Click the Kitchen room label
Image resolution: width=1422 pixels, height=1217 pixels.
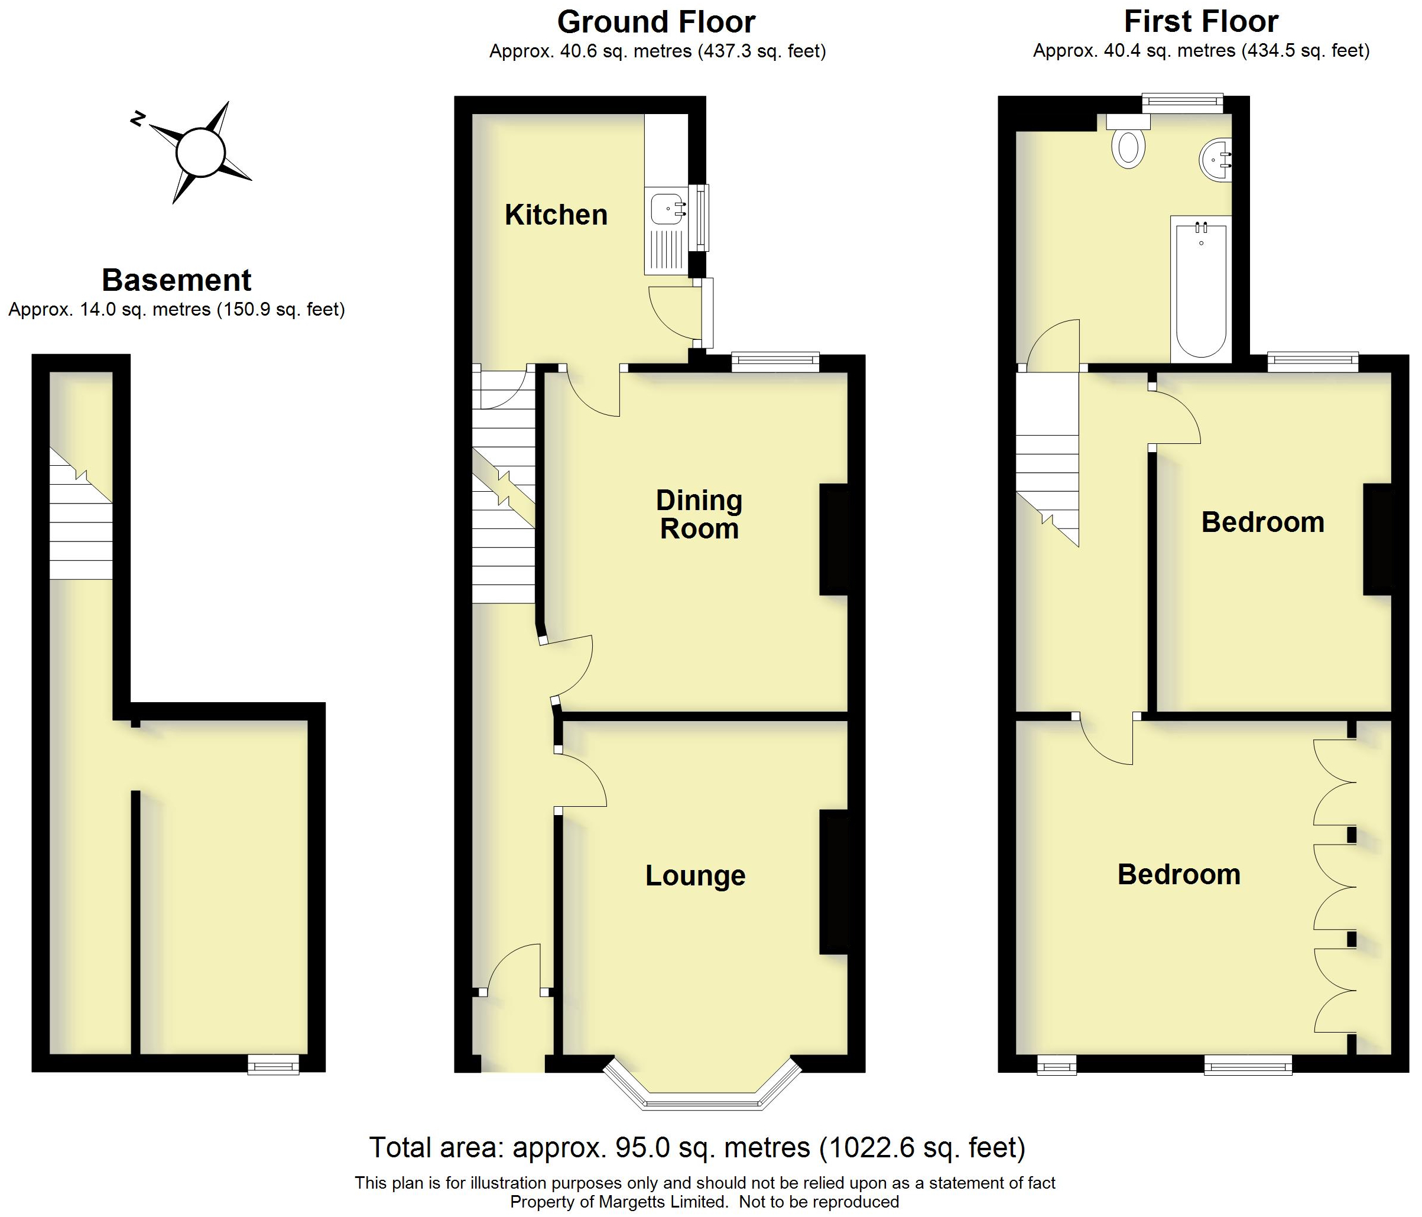pos(556,215)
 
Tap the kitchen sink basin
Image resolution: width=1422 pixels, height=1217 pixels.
pos(665,209)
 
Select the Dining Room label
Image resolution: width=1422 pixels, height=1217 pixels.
pos(699,515)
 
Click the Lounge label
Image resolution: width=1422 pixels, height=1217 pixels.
pos(694,875)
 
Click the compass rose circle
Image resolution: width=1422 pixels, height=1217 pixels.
pos(200,152)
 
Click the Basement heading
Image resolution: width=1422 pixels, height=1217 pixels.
pos(176,280)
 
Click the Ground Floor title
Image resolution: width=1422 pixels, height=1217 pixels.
pos(656,22)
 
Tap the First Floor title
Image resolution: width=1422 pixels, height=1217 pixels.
pos(1201,22)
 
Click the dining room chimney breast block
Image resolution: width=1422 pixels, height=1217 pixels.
pos(834,540)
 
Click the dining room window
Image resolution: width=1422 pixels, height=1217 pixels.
pos(775,361)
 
